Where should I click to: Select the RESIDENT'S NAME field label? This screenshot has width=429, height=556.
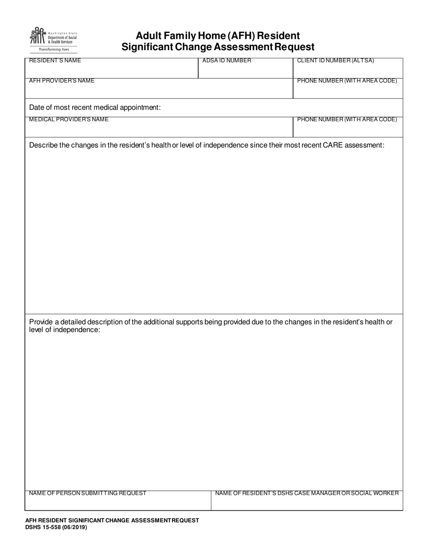click(x=55, y=61)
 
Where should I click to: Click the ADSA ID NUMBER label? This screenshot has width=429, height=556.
click(x=227, y=61)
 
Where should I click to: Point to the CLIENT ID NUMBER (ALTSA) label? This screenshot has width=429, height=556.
click(x=336, y=61)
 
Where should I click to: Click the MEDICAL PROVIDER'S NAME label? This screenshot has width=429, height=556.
click(x=69, y=119)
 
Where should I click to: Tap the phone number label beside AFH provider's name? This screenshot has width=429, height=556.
click(x=347, y=80)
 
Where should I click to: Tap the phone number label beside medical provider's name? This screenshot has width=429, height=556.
click(x=347, y=119)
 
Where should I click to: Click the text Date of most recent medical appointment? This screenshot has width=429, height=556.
click(x=95, y=108)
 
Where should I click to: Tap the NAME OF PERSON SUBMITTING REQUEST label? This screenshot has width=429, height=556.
click(x=88, y=493)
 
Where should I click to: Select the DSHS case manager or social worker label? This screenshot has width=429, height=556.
click(x=307, y=493)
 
